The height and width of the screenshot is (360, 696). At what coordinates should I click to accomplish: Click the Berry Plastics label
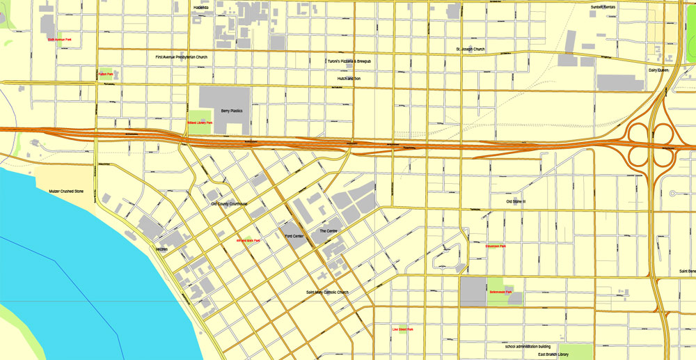coord(231,111)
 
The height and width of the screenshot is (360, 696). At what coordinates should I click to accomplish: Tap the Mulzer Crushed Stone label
coord(66,190)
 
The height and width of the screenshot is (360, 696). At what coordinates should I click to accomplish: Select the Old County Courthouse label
coord(229,204)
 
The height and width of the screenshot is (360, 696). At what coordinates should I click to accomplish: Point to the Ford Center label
coord(294,237)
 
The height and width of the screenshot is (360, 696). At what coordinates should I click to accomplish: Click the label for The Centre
coord(328,230)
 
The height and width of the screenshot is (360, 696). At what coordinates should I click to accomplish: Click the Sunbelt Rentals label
coord(603,7)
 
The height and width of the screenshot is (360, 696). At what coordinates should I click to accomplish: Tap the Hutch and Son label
coord(348,79)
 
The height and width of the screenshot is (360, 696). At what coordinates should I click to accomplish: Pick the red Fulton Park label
coord(106,74)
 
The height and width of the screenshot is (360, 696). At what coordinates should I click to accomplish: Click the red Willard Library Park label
coord(199,123)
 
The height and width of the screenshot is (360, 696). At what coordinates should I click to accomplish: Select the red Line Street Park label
coord(402,329)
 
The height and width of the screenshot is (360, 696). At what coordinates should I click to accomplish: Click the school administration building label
coord(528,346)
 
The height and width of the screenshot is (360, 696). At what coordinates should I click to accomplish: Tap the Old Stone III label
coord(516,202)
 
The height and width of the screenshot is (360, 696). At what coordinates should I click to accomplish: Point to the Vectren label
coord(162,249)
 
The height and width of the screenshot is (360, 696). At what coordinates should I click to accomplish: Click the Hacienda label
coord(201,8)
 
